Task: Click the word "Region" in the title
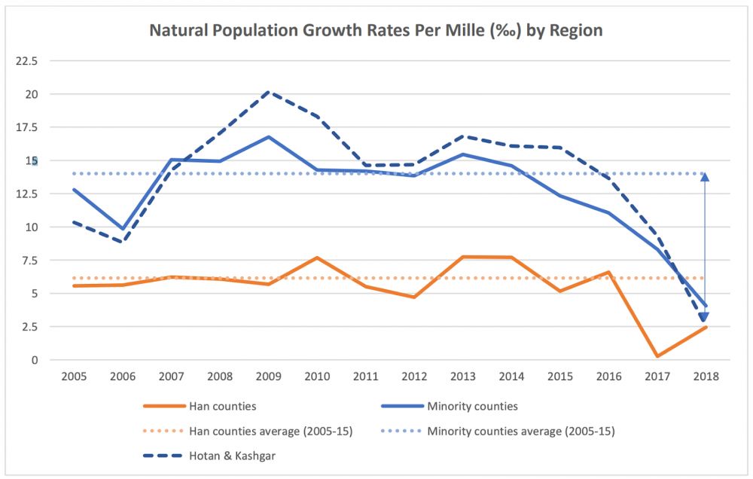coord(576,31)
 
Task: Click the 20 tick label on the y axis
coord(32,94)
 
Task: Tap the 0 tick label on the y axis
coord(35,360)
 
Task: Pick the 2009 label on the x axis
coord(269,375)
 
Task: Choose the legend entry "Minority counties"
coord(472,406)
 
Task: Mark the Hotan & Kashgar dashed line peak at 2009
coord(269,92)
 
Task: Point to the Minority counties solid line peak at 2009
coord(269,137)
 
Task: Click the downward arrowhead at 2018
coord(704,317)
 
